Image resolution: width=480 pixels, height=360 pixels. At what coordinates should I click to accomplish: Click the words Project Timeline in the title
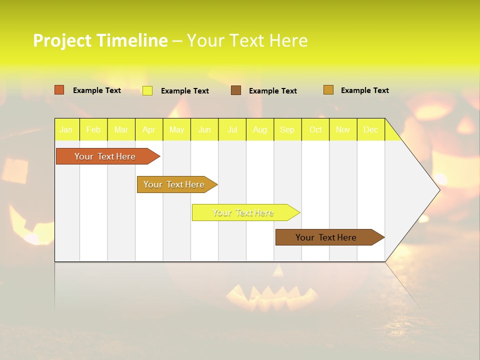click(x=100, y=40)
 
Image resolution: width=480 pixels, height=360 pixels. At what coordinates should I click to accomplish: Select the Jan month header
click(x=66, y=130)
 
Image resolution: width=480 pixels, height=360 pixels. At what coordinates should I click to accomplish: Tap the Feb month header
click(x=93, y=130)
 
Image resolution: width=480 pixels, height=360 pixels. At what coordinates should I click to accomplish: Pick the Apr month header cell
click(x=149, y=130)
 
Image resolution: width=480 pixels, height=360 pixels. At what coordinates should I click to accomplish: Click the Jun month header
click(x=204, y=130)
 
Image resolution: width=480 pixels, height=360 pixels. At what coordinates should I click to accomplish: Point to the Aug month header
click(x=260, y=130)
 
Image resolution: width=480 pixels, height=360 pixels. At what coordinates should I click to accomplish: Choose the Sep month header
click(x=287, y=130)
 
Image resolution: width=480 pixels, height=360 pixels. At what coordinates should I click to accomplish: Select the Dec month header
click(x=371, y=130)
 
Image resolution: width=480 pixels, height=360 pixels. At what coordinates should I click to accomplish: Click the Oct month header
click(x=315, y=130)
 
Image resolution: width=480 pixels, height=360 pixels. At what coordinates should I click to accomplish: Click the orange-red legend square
click(x=59, y=90)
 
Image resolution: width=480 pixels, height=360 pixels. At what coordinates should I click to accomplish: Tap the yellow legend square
click(x=147, y=90)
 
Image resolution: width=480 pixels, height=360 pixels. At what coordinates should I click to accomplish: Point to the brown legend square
click(x=236, y=90)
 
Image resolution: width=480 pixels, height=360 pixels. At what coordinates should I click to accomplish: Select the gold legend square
click(x=328, y=90)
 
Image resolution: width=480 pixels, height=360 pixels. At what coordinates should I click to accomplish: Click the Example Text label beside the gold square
click(x=364, y=90)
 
